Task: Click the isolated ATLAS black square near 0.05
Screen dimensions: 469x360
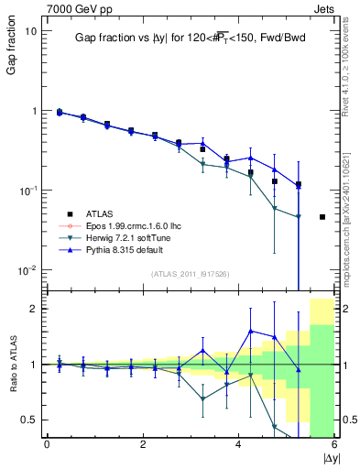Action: (x=322, y=217)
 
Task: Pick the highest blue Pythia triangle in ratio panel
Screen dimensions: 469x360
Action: (x=251, y=331)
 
